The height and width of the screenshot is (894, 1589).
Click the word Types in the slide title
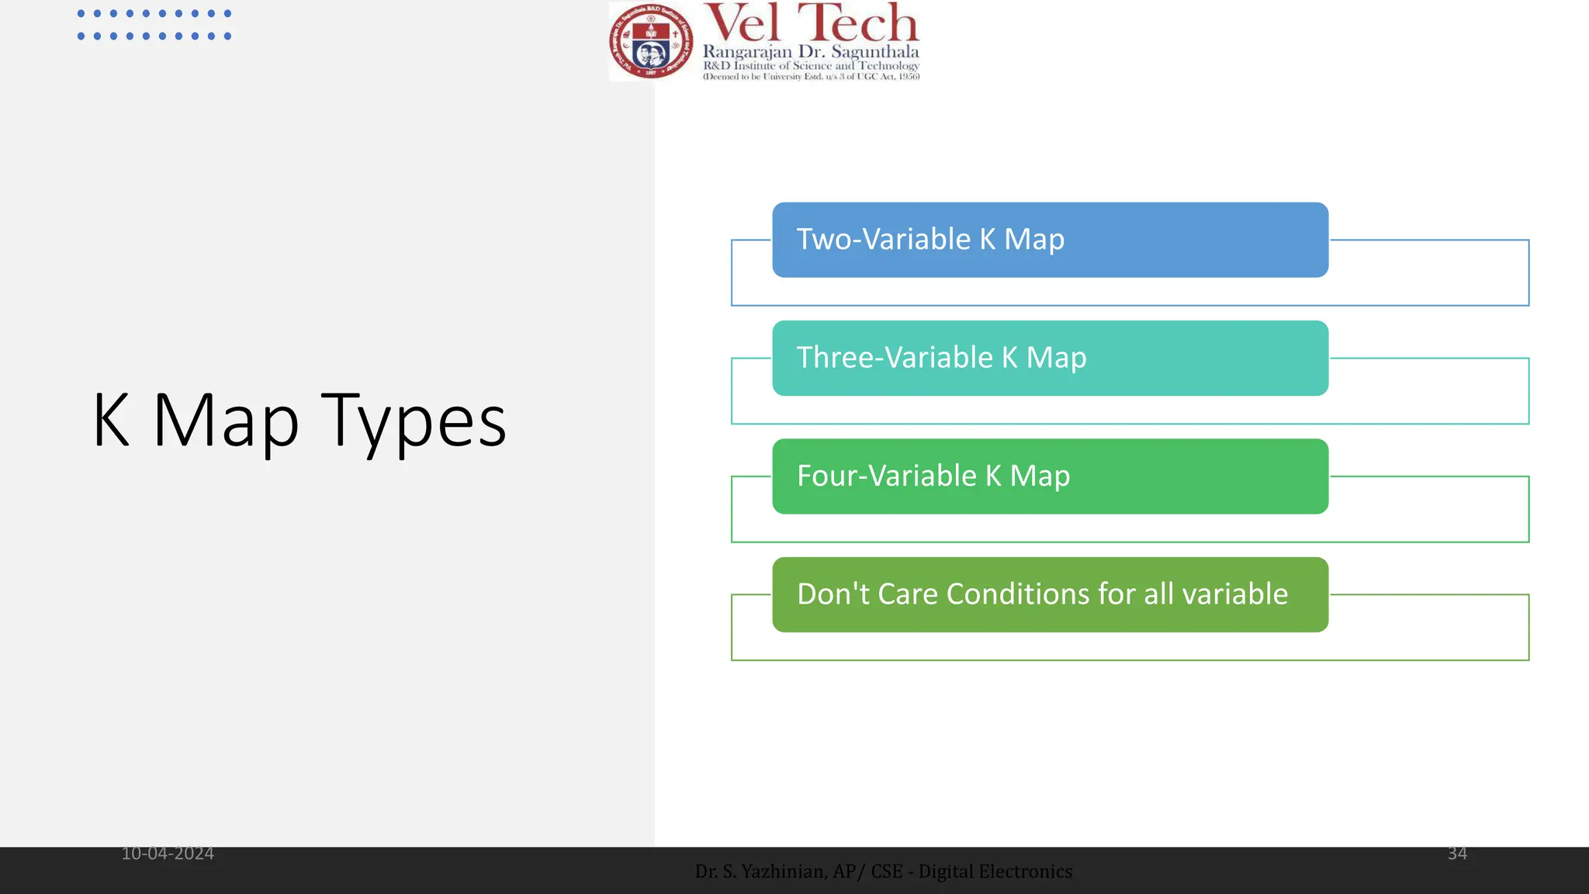pos(414,421)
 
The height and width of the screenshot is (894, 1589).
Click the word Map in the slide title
pos(225,421)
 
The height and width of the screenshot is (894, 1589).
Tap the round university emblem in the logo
pos(651,42)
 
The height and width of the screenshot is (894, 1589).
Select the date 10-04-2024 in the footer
pos(168,854)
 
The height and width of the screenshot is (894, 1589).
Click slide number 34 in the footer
pos(1457,854)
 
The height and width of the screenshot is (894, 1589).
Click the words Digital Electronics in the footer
pos(995,871)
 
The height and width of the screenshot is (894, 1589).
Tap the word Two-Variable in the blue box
pos(884,239)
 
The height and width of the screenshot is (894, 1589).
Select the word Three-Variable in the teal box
pos(895,358)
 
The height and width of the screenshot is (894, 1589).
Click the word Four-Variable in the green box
pos(886,476)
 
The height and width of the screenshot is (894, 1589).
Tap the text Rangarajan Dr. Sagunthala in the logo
pos(811,52)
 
